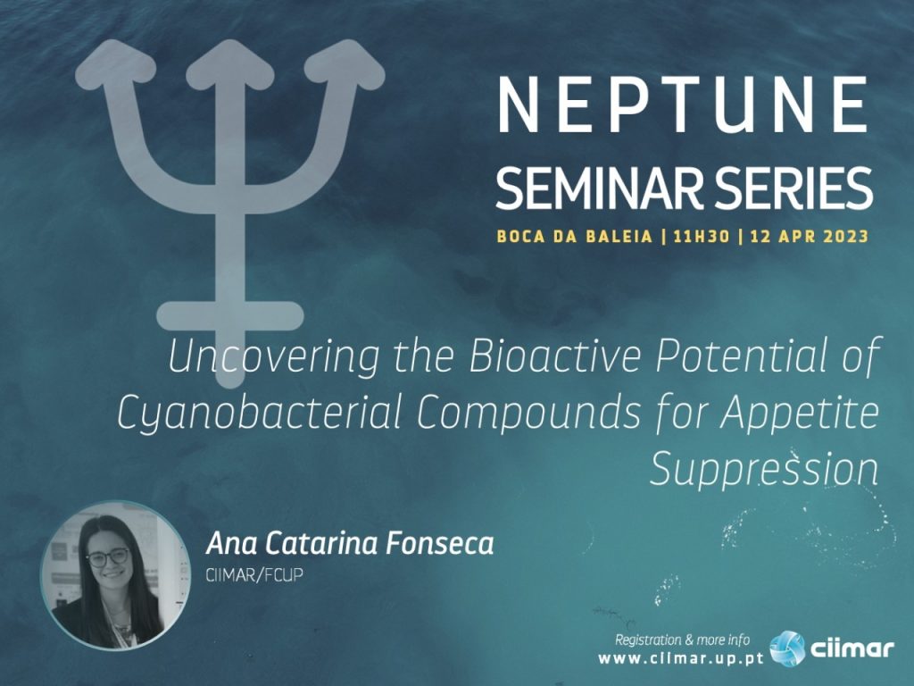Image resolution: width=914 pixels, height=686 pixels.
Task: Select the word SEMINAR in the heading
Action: coord(594,188)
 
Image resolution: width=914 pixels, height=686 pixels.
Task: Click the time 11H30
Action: coord(701,236)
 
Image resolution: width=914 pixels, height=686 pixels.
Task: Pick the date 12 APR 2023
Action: coord(809,236)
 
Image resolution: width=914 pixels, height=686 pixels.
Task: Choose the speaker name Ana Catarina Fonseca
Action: coord(350,544)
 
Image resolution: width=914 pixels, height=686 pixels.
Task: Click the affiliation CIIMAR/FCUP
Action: coord(254,575)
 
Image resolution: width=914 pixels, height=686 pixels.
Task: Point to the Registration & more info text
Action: coord(683,640)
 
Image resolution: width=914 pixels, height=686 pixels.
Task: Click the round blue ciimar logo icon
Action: coord(787,648)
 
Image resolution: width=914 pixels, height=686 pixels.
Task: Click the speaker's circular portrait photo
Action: coord(115,574)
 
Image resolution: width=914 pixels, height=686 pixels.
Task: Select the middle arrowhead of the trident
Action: coord(230,63)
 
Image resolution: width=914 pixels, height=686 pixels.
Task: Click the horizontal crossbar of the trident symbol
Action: coord(230,315)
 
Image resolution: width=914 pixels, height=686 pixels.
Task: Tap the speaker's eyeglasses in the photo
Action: coord(108,557)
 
